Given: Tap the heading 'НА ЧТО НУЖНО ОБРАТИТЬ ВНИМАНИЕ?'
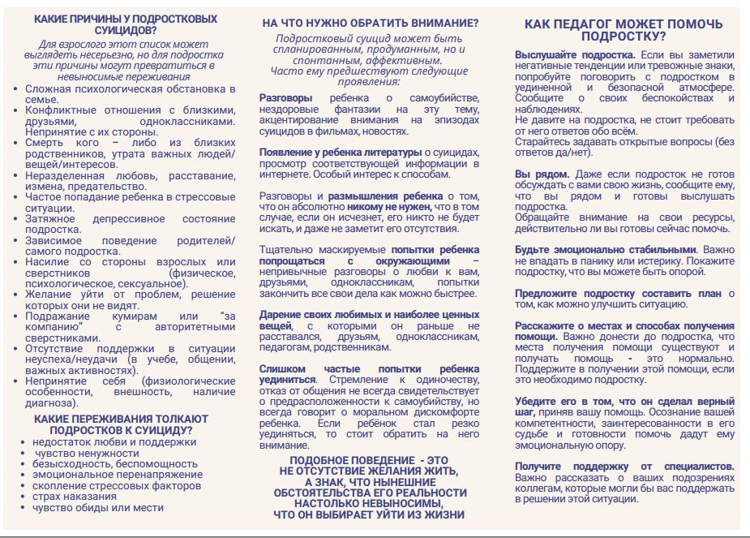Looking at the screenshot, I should [x=369, y=23].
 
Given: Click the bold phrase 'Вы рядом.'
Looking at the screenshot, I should [x=542, y=174].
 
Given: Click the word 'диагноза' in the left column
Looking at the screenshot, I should [x=49, y=402].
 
